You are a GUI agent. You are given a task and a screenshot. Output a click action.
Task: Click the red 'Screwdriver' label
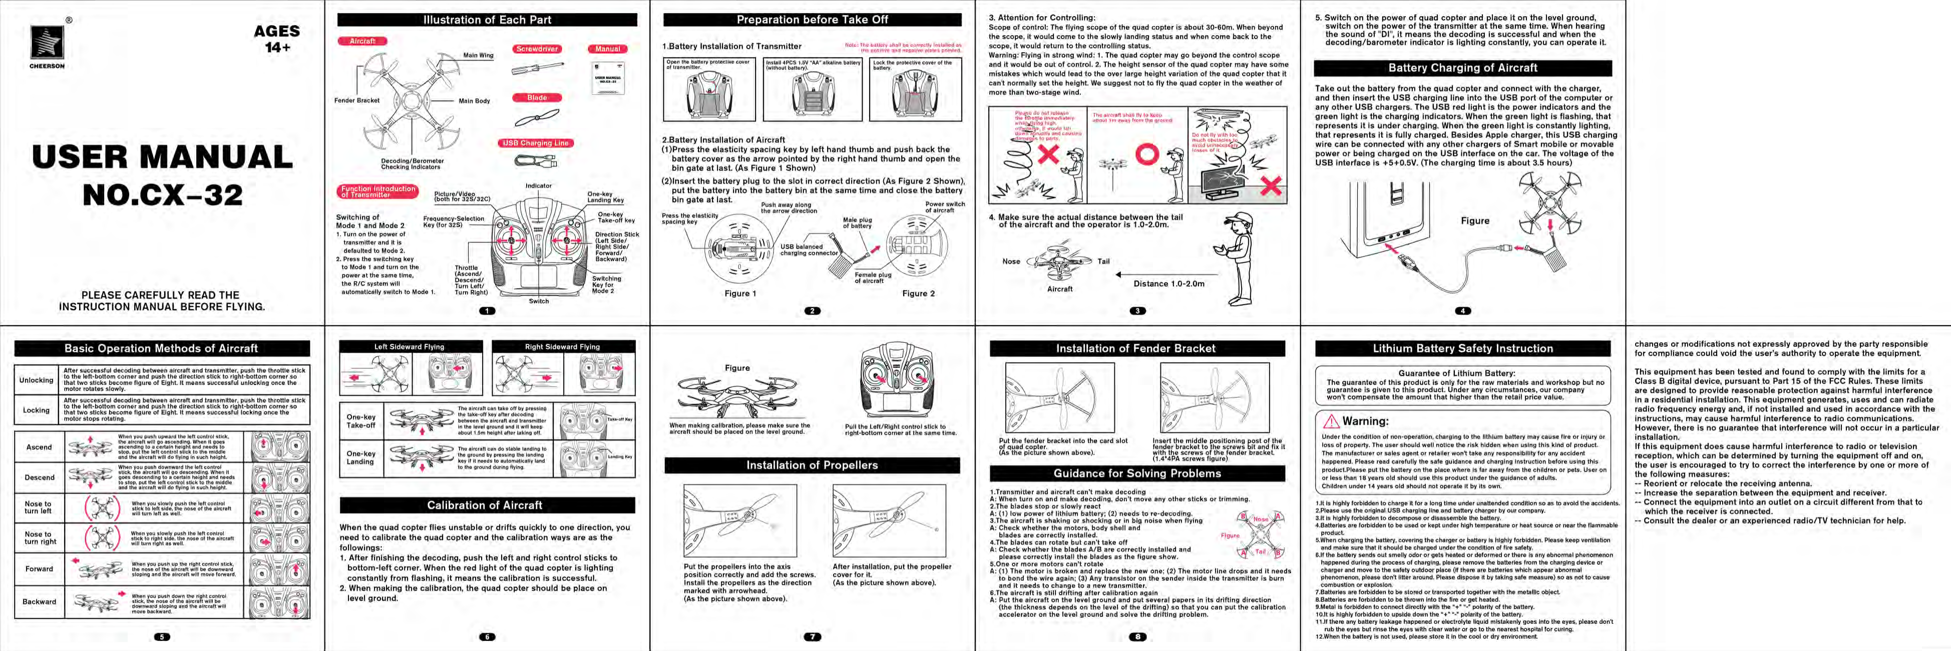pos(537,49)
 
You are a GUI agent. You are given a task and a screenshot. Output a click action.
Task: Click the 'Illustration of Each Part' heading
pos(487,20)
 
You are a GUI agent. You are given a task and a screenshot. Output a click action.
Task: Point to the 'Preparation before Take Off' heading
pos(812,20)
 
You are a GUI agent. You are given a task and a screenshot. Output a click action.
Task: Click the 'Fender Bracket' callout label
pos(357,100)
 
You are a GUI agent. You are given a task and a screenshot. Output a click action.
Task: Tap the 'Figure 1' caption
pos(740,293)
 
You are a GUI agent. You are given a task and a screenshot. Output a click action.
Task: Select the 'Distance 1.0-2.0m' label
pos(1168,284)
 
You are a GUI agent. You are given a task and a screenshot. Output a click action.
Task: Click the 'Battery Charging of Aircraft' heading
pos(1462,68)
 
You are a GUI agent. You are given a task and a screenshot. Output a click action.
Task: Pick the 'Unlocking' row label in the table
pos(37,380)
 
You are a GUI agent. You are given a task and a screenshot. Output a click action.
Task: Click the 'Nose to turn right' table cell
pos(40,538)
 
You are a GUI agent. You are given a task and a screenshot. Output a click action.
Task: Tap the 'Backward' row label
pos(40,602)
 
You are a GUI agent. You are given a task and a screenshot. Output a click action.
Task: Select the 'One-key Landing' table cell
pos(360,458)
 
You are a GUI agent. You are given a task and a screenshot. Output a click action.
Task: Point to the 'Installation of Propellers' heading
pos(812,466)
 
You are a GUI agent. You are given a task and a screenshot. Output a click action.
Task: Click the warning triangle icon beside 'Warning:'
pos(1331,421)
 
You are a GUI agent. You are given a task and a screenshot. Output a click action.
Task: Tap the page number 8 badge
pos(1137,636)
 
